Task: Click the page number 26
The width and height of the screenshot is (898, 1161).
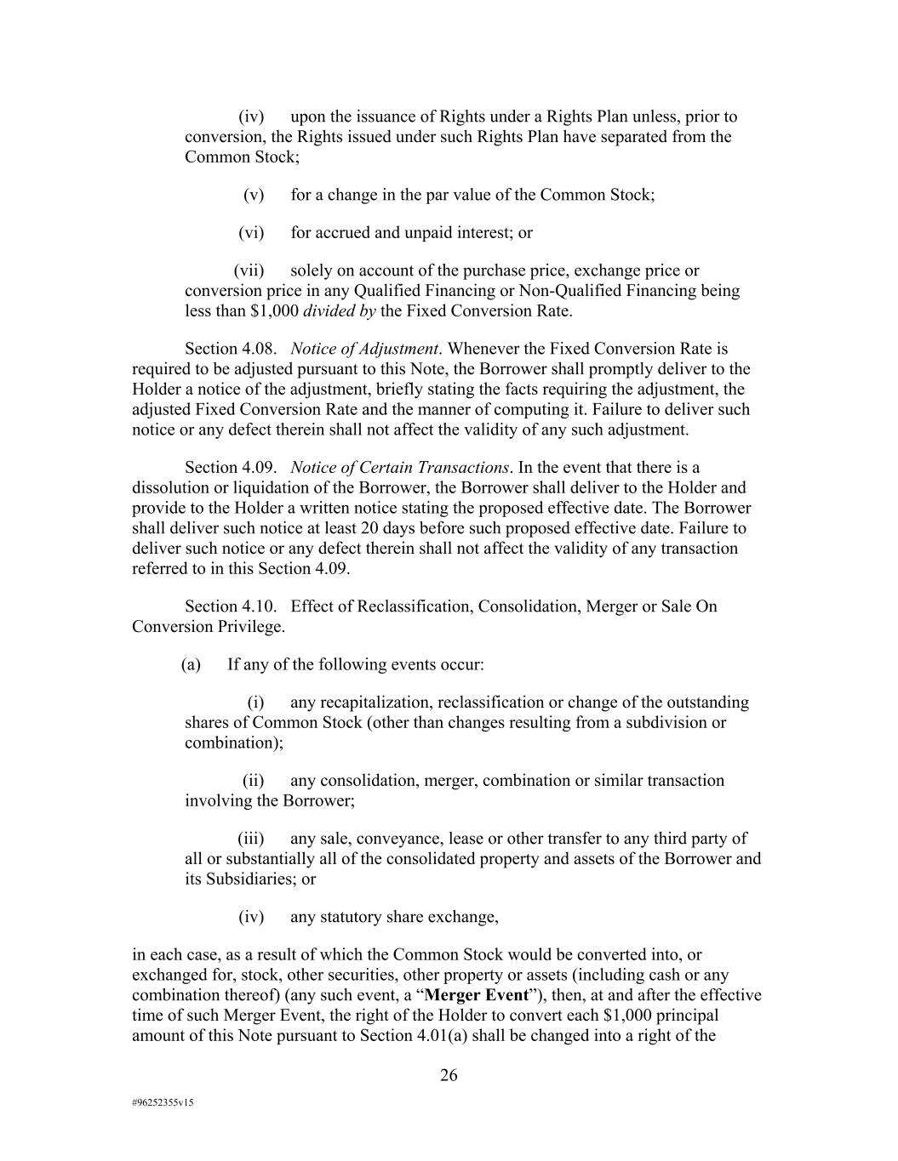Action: [x=449, y=1075]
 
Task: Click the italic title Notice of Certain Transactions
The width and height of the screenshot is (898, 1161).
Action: [x=400, y=467]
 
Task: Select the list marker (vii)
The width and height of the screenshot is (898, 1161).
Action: [x=249, y=270]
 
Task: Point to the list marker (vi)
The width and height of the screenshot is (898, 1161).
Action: [x=251, y=232]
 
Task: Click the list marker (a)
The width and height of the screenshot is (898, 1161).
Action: [x=191, y=664]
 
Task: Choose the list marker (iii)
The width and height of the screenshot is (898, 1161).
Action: [x=251, y=839]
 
